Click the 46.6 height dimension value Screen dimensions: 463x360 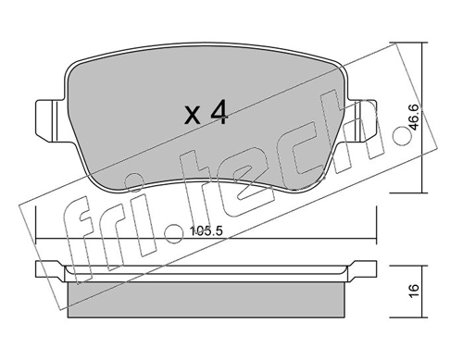(414, 118)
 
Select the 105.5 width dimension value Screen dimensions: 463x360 (206, 231)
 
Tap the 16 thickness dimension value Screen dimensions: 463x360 (415, 291)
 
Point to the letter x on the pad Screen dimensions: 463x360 (193, 115)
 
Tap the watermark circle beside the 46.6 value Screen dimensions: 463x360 (402, 136)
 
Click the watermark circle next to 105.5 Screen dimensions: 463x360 (175, 233)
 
